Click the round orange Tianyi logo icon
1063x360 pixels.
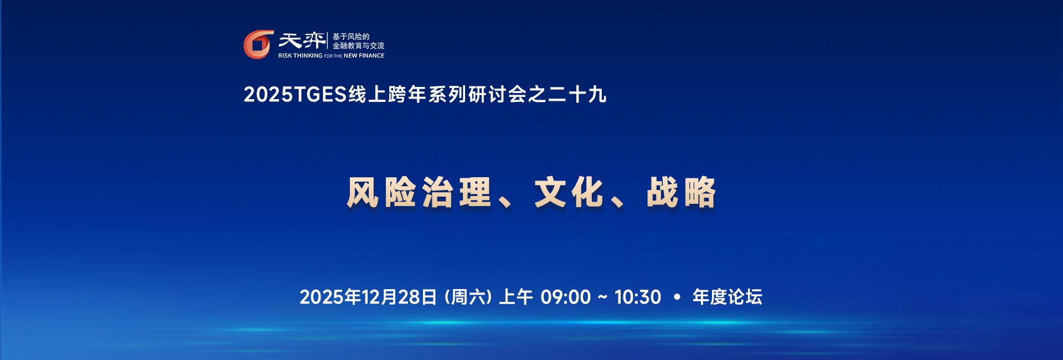258,44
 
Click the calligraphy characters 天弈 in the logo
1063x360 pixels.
302,40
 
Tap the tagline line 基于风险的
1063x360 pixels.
350,37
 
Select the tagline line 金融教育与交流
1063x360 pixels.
358,46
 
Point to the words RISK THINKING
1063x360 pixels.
300,56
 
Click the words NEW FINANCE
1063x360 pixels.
364,56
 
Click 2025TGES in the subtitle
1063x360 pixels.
295,95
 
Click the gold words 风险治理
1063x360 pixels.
419,193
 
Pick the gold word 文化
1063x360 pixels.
569,193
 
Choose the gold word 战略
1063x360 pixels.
681,193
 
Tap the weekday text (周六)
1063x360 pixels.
468,297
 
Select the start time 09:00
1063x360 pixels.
566,297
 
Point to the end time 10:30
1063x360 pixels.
638,297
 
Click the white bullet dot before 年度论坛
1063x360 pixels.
677,297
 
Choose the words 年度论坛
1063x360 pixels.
727,297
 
